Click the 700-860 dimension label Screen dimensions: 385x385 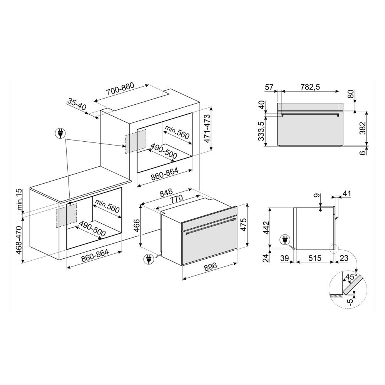[x=120, y=89]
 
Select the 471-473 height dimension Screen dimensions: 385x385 [x=208, y=129]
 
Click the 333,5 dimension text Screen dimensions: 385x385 [x=262, y=131]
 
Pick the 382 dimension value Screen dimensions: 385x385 [x=362, y=128]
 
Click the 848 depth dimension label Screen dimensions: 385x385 [x=166, y=193]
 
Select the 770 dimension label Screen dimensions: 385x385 [x=176, y=198]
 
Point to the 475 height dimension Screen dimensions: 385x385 [x=243, y=224]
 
